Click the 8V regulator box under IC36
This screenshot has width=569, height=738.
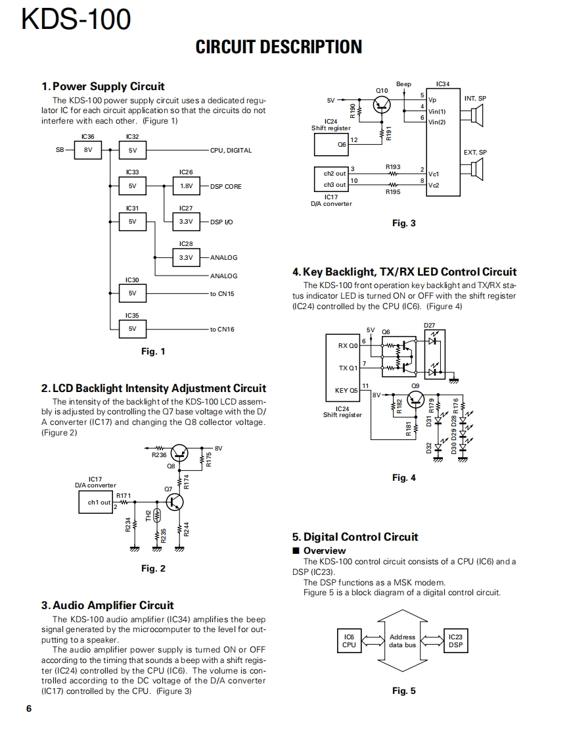[x=88, y=150]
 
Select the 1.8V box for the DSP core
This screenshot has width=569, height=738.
[x=186, y=186]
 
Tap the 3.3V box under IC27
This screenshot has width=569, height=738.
[x=186, y=222]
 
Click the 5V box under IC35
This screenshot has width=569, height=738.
[x=132, y=329]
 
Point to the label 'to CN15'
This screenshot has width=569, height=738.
[x=222, y=293]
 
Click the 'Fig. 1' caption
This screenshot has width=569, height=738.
[x=153, y=351]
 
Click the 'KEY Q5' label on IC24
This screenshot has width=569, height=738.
[x=346, y=390]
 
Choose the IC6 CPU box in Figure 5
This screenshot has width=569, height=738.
[x=349, y=641]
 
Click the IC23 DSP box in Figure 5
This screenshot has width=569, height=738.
[x=455, y=641]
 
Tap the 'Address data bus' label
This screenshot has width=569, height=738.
[x=402, y=641]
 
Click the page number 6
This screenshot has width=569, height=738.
[x=28, y=708]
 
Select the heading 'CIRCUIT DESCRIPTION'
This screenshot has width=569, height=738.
[x=279, y=47]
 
